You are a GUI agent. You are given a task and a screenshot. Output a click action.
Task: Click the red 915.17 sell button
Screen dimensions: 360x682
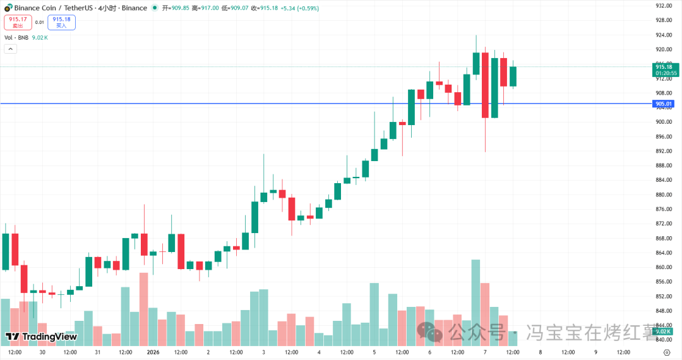[17, 22]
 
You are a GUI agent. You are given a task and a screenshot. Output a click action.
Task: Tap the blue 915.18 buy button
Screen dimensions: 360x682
[61, 22]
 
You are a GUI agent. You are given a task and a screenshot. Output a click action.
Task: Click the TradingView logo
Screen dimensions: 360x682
[41, 337]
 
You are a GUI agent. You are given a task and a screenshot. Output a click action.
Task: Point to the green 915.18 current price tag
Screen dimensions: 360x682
[666, 69]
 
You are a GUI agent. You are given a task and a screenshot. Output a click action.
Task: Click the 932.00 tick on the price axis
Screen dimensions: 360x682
[663, 6]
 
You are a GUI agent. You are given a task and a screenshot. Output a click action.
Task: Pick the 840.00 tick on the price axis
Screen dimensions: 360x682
[663, 340]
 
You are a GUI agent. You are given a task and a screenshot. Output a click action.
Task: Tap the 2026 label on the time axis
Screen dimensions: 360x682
[153, 352]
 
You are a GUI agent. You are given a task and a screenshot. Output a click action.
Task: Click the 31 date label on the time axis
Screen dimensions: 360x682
[97, 352]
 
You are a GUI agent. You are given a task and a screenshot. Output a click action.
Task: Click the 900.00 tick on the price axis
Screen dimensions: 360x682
[663, 122]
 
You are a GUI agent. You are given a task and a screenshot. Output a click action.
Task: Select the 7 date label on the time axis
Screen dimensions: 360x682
[485, 352]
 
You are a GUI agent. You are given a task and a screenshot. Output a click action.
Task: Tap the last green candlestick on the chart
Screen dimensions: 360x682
[513, 76]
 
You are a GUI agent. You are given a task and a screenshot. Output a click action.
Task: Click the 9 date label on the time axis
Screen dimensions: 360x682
[595, 352]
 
